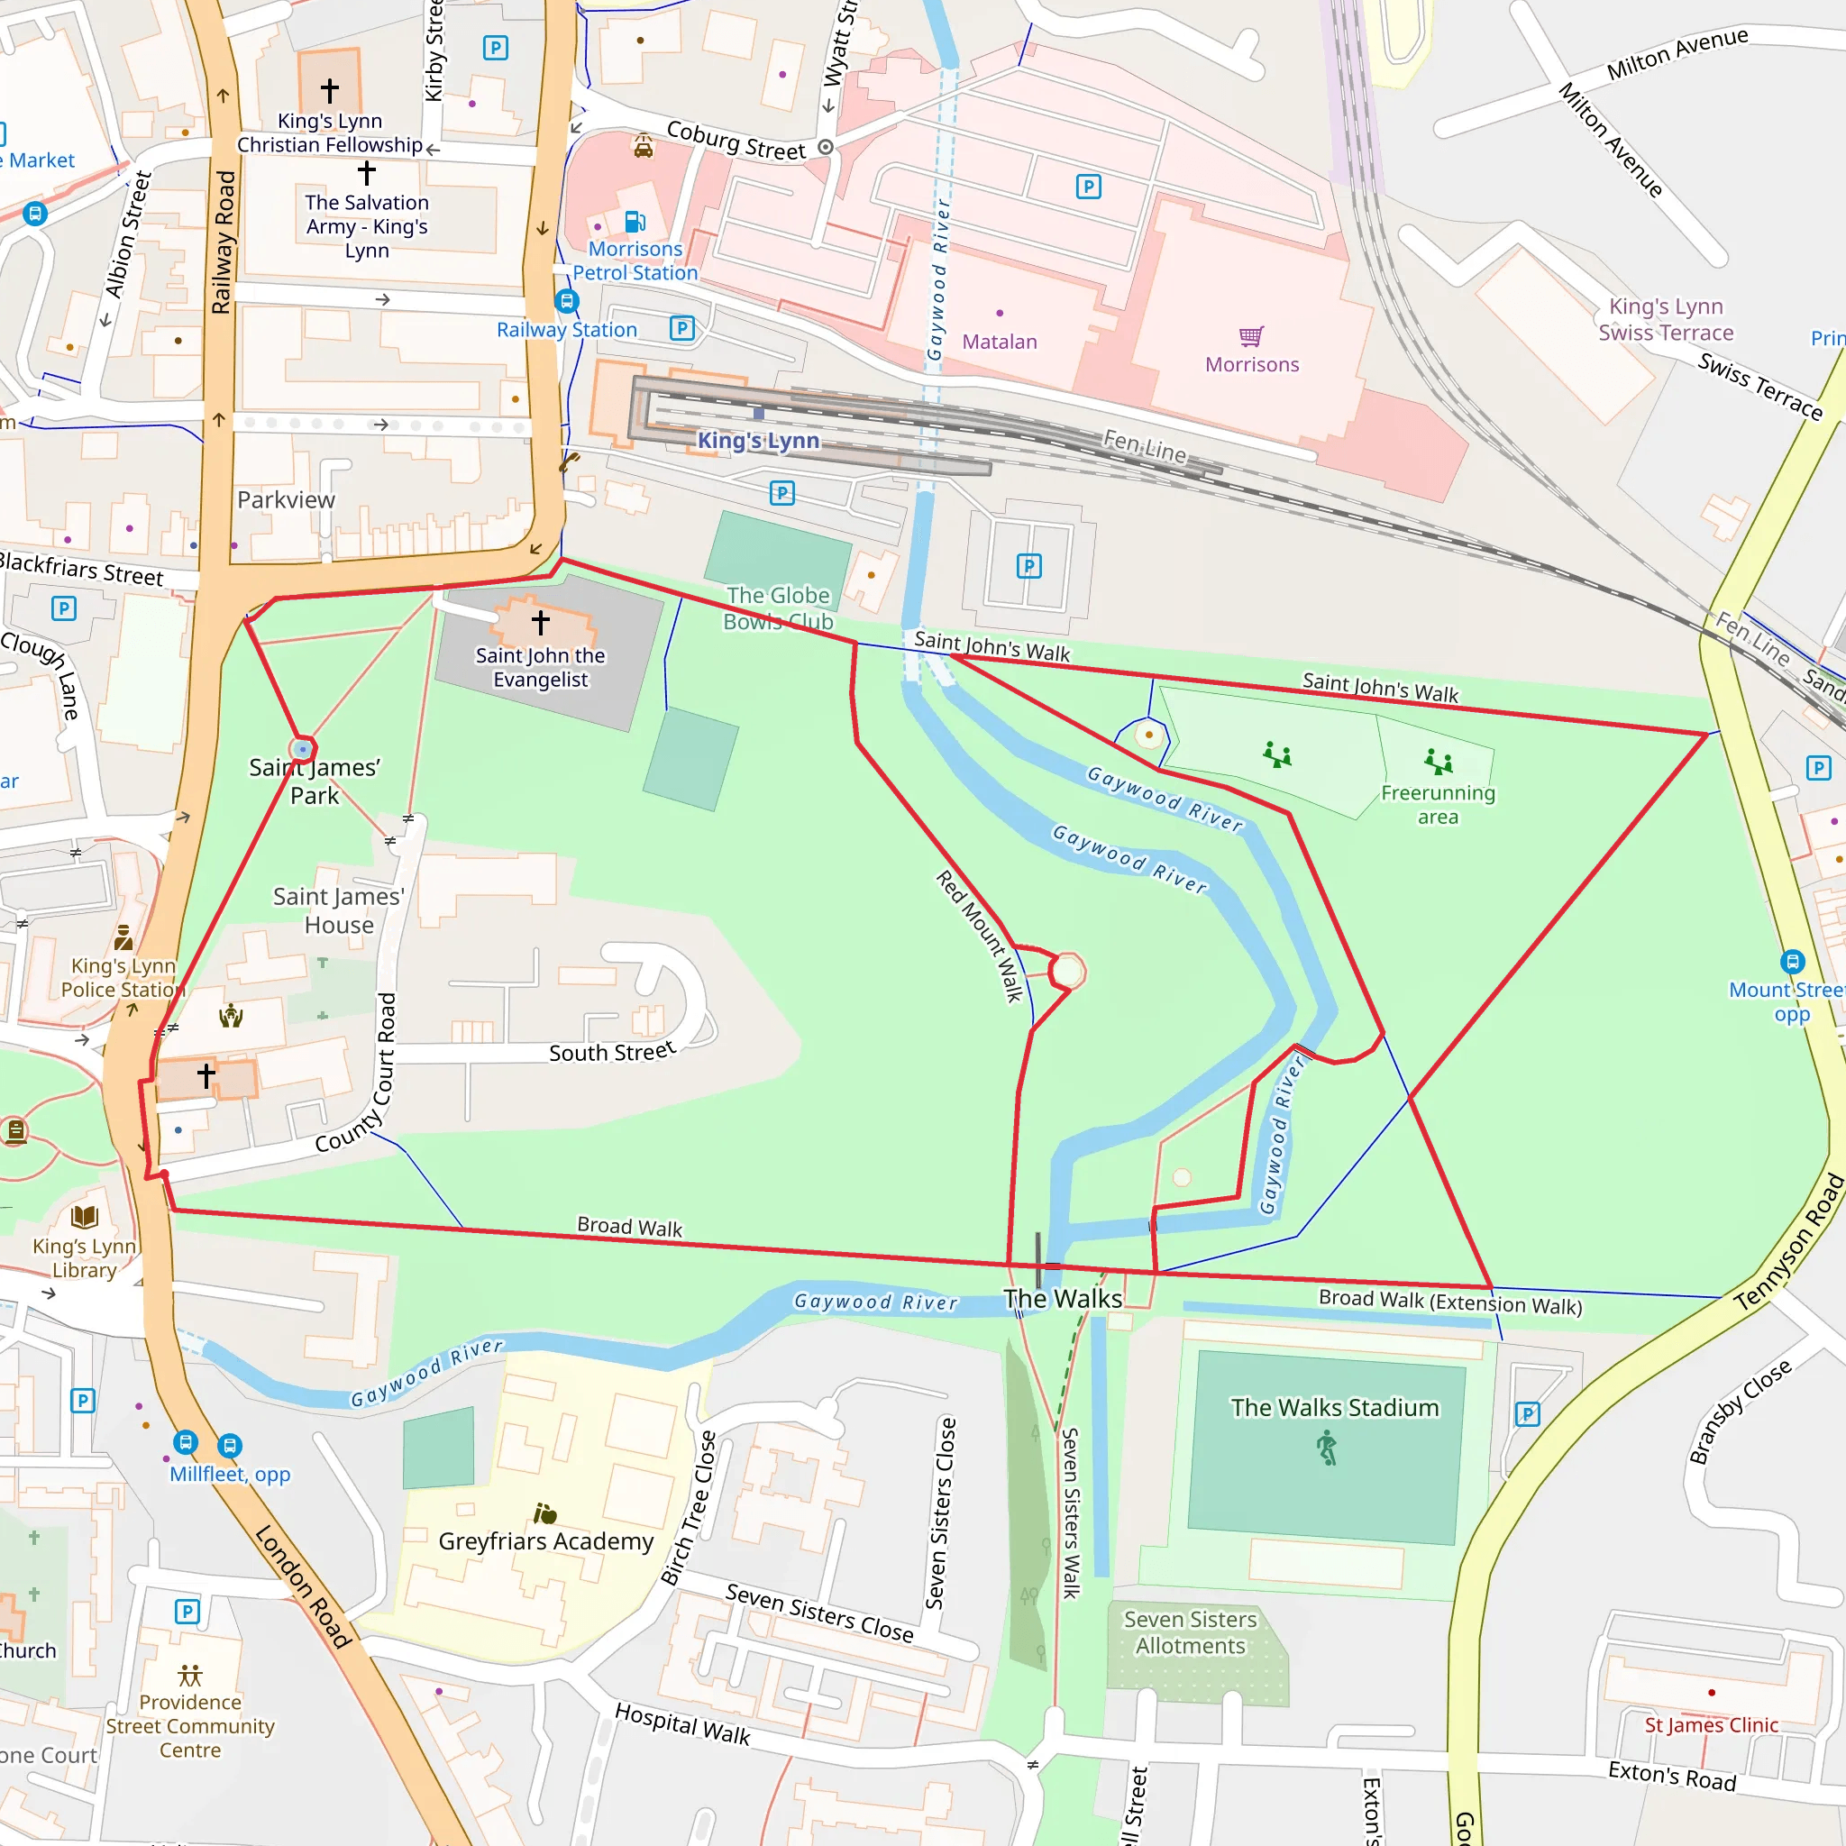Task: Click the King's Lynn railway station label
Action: pos(758,441)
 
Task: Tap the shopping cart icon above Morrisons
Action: pos(1251,336)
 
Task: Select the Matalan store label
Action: pos(1000,342)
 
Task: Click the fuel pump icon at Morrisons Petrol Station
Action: pos(635,222)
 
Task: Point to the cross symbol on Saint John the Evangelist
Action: pos(541,622)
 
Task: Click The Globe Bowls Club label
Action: pos(778,608)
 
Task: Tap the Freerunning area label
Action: pos(1437,805)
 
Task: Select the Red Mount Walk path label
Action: pos(980,936)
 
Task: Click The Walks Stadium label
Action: pos(1334,1407)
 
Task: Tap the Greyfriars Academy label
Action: pos(545,1541)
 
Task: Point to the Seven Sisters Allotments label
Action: pos(1190,1632)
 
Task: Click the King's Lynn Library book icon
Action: pos(84,1216)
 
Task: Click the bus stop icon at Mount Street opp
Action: pos(1792,961)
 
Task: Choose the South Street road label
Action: pos(611,1052)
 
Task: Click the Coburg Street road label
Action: pos(736,142)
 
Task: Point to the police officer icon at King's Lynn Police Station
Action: pos(123,937)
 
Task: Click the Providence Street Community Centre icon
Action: pos(190,1676)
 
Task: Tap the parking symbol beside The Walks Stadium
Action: pos(1527,1414)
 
